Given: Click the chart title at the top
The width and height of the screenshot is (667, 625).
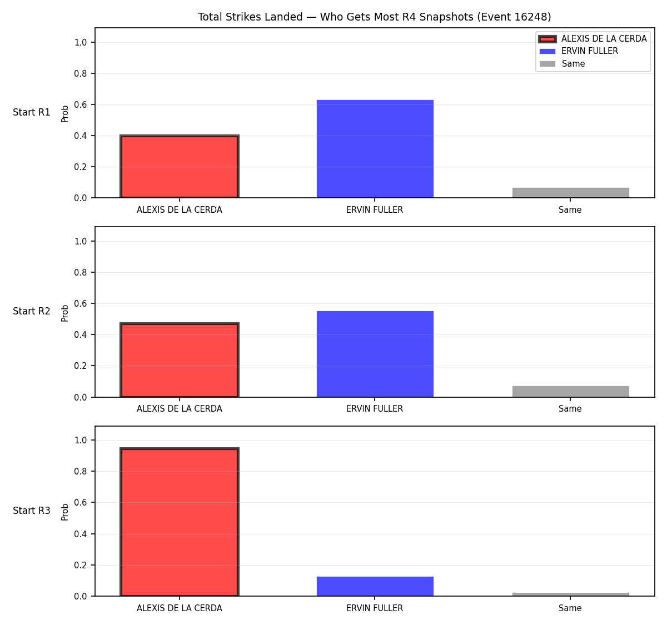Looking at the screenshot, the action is (374, 17).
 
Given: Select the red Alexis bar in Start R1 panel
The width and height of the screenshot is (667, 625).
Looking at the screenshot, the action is (180, 166).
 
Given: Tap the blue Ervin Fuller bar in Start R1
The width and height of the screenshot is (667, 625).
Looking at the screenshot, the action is (375, 149).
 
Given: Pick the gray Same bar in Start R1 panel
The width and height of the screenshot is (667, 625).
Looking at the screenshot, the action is (570, 193).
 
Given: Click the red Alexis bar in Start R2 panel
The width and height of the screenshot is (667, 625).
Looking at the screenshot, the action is (180, 359).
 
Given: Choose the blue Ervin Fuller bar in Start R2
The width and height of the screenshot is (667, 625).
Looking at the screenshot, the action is (375, 354).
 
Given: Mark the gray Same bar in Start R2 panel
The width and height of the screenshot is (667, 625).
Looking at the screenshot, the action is (570, 392).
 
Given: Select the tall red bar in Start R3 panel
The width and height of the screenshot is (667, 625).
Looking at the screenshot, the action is (180, 522).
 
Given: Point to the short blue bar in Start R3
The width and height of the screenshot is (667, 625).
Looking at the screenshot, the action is (375, 586).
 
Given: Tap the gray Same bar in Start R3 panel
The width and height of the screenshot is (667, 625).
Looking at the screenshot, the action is (570, 594).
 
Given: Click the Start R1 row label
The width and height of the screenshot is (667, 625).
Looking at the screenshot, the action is (32, 112).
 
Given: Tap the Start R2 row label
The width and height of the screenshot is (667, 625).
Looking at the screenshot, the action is (32, 311).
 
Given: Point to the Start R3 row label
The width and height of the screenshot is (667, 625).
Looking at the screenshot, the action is (32, 511).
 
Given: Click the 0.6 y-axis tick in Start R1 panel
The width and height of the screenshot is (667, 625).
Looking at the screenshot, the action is (80, 105).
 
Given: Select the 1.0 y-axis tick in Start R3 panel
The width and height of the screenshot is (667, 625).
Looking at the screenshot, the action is (80, 441).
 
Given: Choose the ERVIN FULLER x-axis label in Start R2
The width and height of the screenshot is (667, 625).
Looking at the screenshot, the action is (375, 409).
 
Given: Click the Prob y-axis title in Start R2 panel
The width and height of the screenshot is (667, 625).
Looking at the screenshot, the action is (65, 313).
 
